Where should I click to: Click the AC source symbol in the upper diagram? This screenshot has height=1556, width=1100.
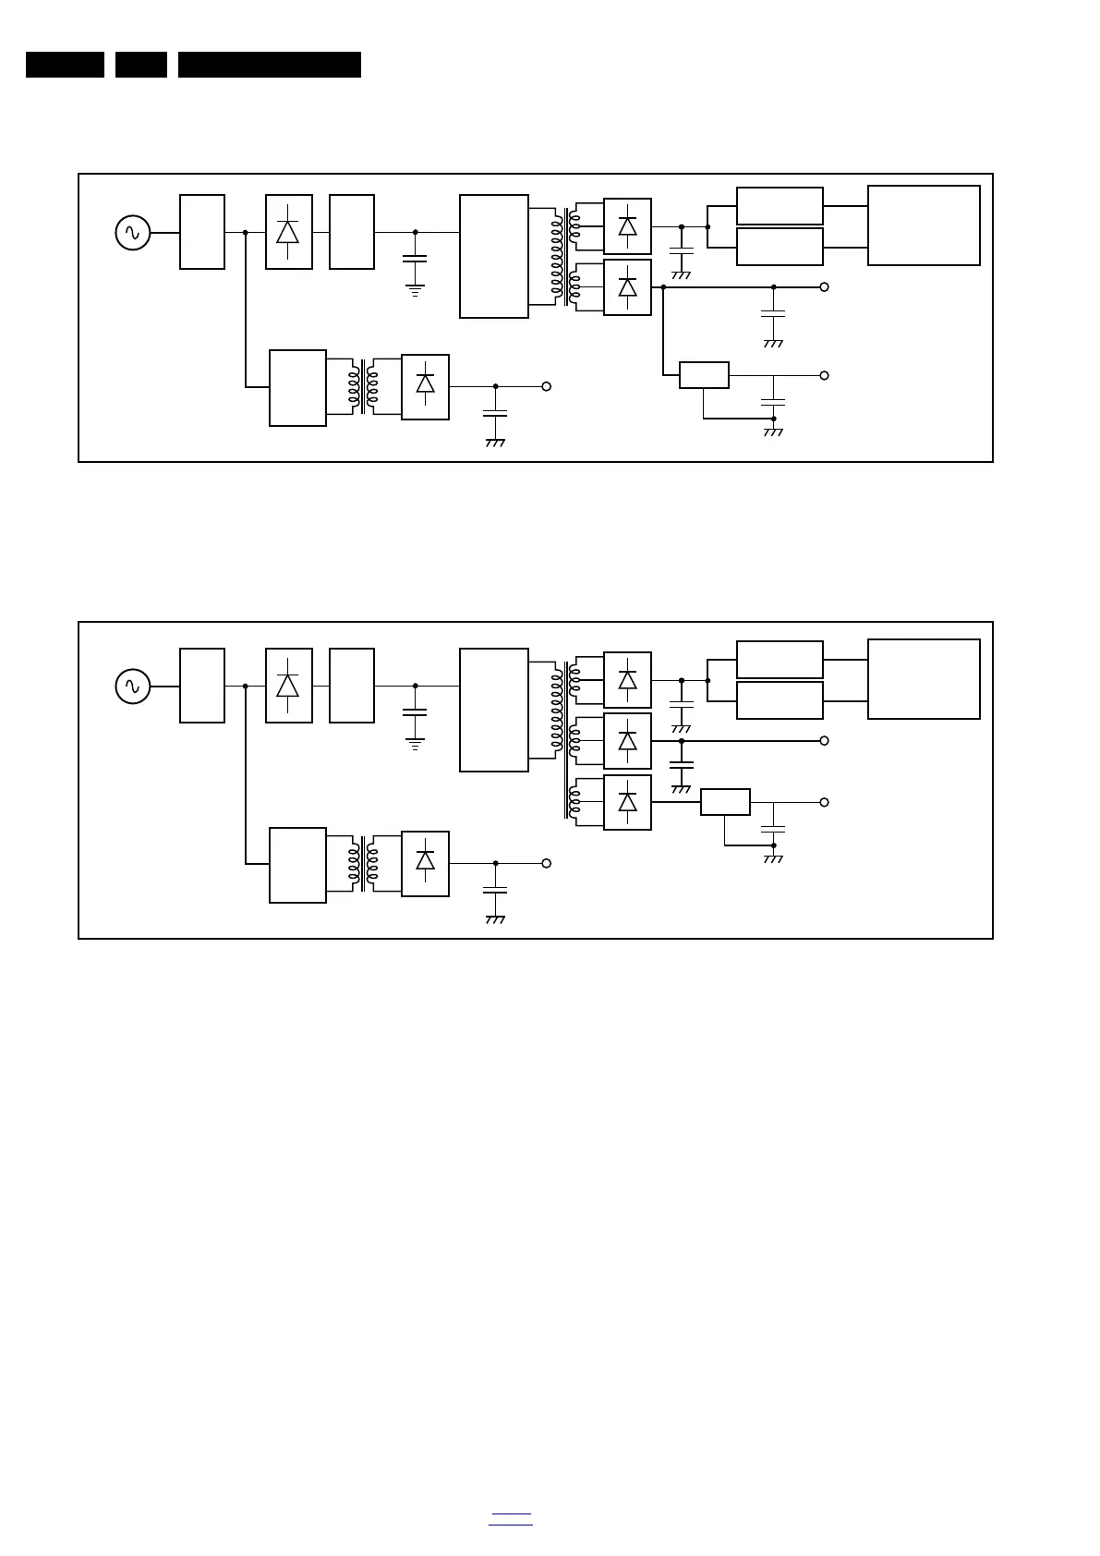pyautogui.click(x=132, y=233)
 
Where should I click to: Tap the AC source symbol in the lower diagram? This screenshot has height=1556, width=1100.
pyautogui.click(x=132, y=687)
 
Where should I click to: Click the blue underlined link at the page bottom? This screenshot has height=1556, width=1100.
pyautogui.click(x=510, y=1517)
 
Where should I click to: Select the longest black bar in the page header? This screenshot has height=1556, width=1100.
pyautogui.click(x=269, y=65)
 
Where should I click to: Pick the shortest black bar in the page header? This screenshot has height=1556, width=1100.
pyautogui.click(x=140, y=65)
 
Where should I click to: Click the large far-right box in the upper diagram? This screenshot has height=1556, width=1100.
pyautogui.click(x=924, y=225)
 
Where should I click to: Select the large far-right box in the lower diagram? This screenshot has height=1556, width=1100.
pyautogui.click(x=924, y=679)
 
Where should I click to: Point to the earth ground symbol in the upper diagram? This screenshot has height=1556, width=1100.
pyautogui.click(x=415, y=290)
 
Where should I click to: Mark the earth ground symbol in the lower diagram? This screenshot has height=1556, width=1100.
pyautogui.click(x=415, y=743)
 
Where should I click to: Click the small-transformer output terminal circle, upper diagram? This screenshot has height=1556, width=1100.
pyautogui.click(x=546, y=386)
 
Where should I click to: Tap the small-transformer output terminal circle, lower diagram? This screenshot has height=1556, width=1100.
pyautogui.click(x=546, y=863)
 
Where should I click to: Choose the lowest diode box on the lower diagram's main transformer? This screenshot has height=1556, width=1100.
pyautogui.click(x=627, y=802)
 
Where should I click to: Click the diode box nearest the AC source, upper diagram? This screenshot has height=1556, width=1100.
pyautogui.click(x=288, y=232)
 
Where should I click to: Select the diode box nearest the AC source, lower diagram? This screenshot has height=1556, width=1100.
pyautogui.click(x=288, y=686)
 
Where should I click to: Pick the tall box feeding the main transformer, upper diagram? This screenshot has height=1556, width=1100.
pyautogui.click(x=494, y=256)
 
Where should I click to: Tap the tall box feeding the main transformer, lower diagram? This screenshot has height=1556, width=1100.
pyautogui.click(x=494, y=710)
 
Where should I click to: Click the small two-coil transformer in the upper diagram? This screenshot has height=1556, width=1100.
pyautogui.click(x=364, y=387)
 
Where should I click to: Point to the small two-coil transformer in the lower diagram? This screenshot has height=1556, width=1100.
pyautogui.click(x=364, y=864)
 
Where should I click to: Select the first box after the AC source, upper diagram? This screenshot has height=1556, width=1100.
pyautogui.click(x=202, y=232)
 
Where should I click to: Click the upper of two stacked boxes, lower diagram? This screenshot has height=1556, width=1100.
pyautogui.click(x=780, y=660)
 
